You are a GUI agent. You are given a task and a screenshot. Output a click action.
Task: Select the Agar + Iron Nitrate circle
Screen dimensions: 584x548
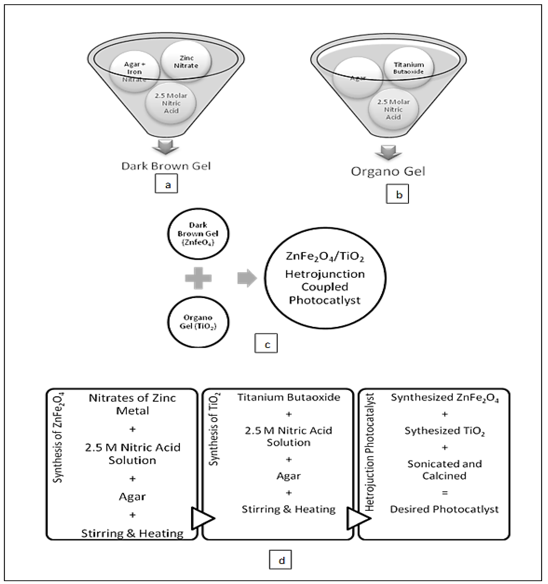pos(135,72)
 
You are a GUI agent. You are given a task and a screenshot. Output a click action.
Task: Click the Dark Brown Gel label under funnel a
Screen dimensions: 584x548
pos(166,166)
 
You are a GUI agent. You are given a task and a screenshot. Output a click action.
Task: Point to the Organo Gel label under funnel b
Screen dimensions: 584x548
pos(388,171)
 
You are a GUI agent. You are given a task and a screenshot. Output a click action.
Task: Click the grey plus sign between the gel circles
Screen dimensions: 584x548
pos(198,278)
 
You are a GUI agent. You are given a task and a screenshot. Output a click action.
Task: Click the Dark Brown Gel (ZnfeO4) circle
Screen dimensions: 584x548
pos(198,234)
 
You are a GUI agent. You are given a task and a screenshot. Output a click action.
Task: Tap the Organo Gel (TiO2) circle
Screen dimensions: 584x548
pos(198,322)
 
